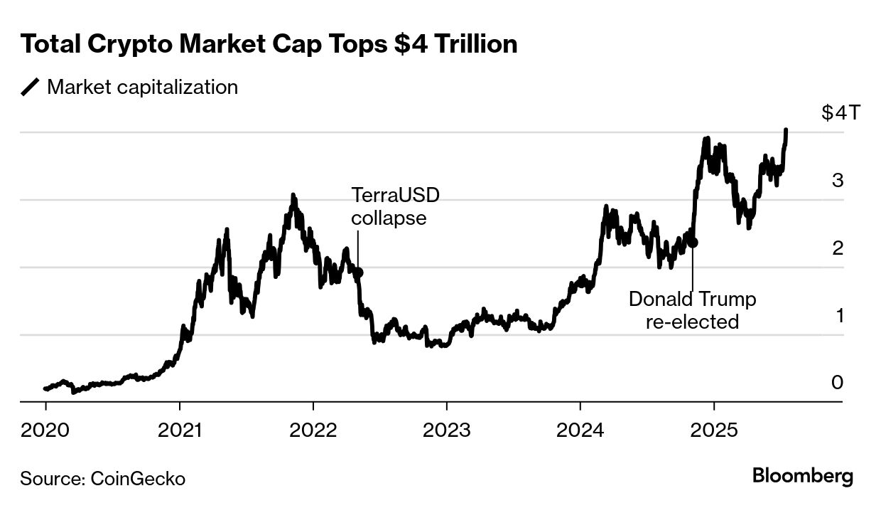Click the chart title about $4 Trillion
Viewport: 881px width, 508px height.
click(x=269, y=45)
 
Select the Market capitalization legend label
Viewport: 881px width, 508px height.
click(x=142, y=88)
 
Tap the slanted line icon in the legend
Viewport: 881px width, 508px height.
click(x=31, y=88)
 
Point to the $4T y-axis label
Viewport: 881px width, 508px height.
click(x=839, y=114)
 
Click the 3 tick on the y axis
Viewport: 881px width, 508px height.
click(x=838, y=181)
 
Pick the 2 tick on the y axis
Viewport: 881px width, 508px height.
click(x=838, y=248)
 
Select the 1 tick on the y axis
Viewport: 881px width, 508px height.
click(x=838, y=315)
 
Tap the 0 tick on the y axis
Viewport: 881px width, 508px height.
click(x=838, y=383)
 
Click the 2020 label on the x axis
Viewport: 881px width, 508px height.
click(x=45, y=430)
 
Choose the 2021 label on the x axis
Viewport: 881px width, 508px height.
click(x=179, y=430)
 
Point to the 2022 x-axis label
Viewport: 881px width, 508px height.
click(x=313, y=430)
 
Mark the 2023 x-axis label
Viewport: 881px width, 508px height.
click(x=446, y=430)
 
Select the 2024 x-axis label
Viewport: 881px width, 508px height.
click(x=580, y=430)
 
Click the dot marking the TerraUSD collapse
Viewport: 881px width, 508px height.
click(x=359, y=272)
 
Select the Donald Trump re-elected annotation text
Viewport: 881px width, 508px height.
click(x=692, y=310)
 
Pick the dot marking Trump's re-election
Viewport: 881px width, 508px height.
click(x=693, y=243)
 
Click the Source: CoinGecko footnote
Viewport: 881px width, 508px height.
click(x=102, y=479)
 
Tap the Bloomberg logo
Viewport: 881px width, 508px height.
click(x=803, y=476)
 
